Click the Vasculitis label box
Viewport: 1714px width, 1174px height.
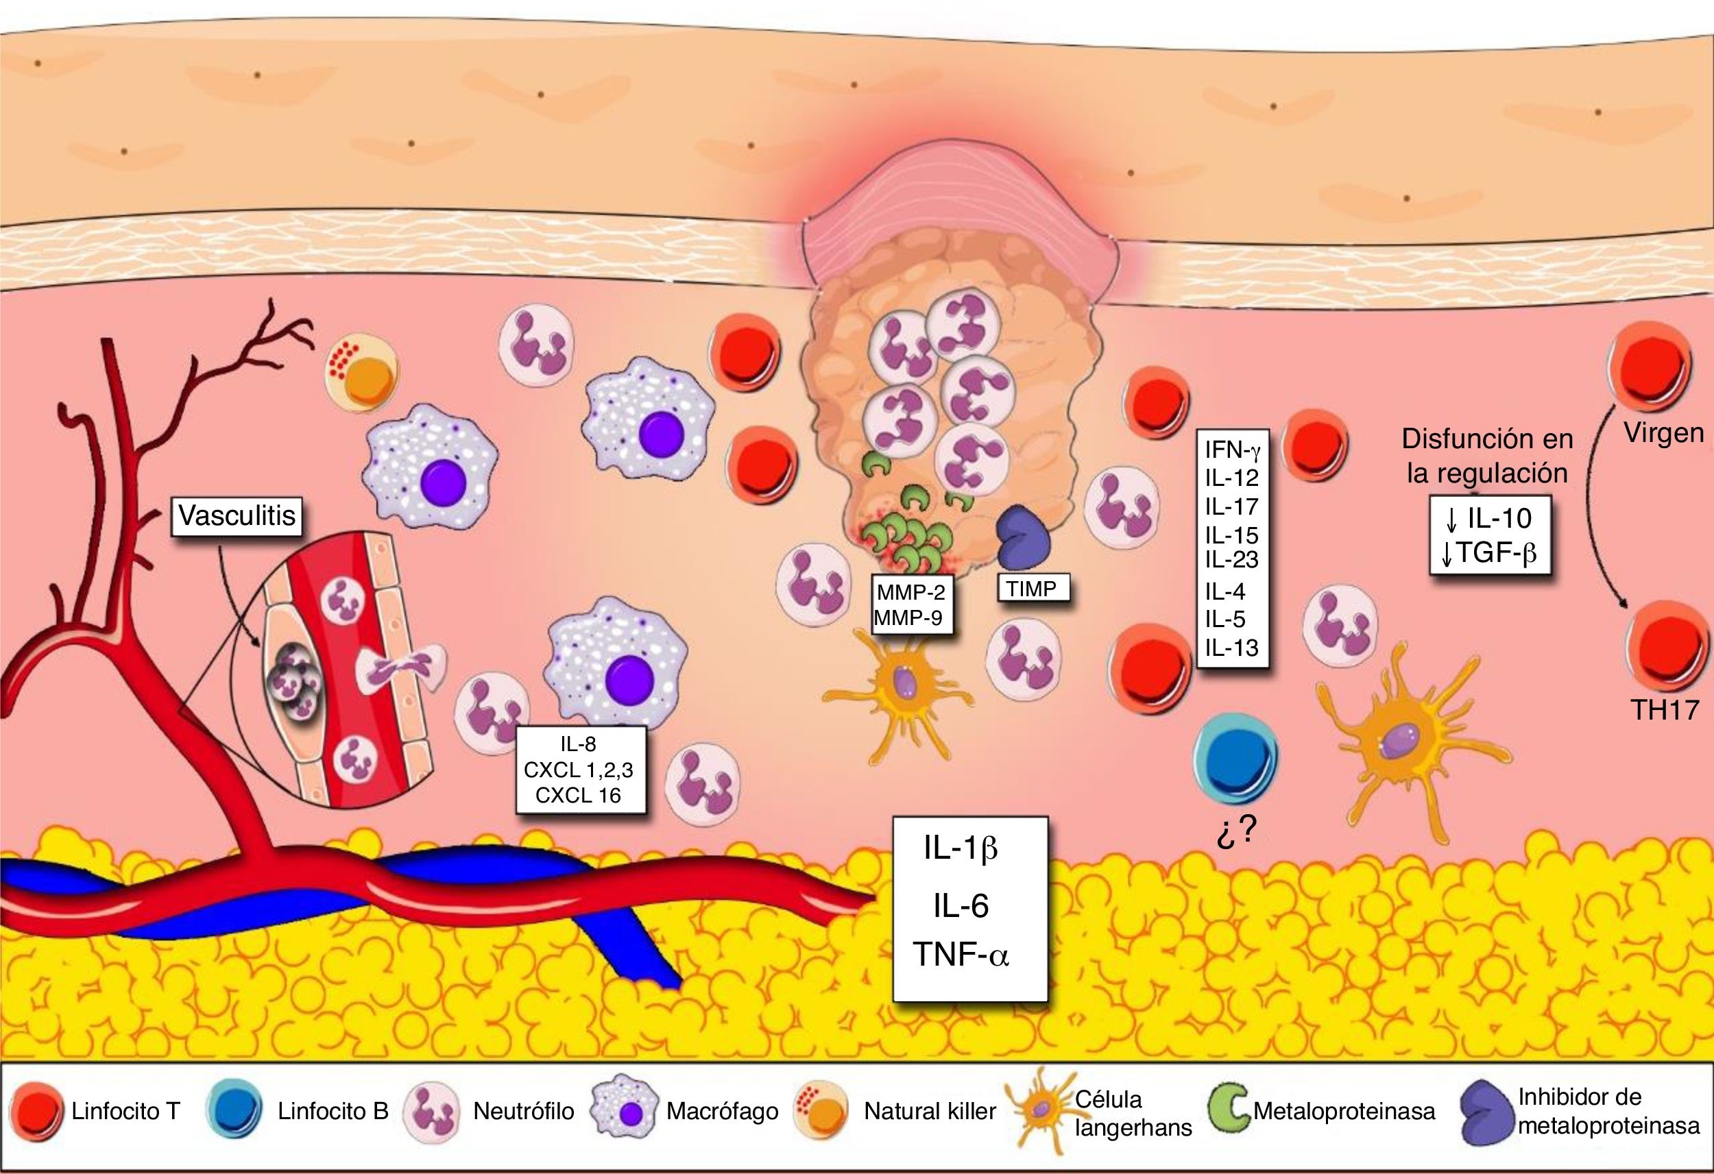pyautogui.click(x=237, y=515)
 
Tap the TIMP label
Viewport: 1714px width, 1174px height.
pyautogui.click(x=1032, y=589)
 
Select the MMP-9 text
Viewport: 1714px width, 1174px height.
pyautogui.click(x=908, y=618)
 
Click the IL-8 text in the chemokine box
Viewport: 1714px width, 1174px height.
pyautogui.click(x=578, y=744)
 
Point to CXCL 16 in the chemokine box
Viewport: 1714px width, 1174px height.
pyautogui.click(x=578, y=795)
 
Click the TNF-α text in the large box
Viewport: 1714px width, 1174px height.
pyautogui.click(x=961, y=954)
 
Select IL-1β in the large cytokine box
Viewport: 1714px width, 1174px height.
pyautogui.click(x=961, y=848)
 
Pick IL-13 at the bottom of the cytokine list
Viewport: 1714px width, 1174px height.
pyautogui.click(x=1231, y=648)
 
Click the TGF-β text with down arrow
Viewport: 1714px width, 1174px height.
pyautogui.click(x=1490, y=552)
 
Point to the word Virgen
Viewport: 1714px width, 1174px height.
pyautogui.click(x=1664, y=433)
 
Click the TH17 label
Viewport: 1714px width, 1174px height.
pyautogui.click(x=1665, y=709)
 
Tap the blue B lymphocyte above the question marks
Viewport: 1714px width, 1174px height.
pyautogui.click(x=1235, y=757)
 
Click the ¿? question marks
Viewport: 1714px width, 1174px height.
pyautogui.click(x=1235, y=831)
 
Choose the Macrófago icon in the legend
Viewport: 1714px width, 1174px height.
pyautogui.click(x=625, y=1109)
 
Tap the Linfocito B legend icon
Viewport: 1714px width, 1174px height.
pyautogui.click(x=234, y=1110)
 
